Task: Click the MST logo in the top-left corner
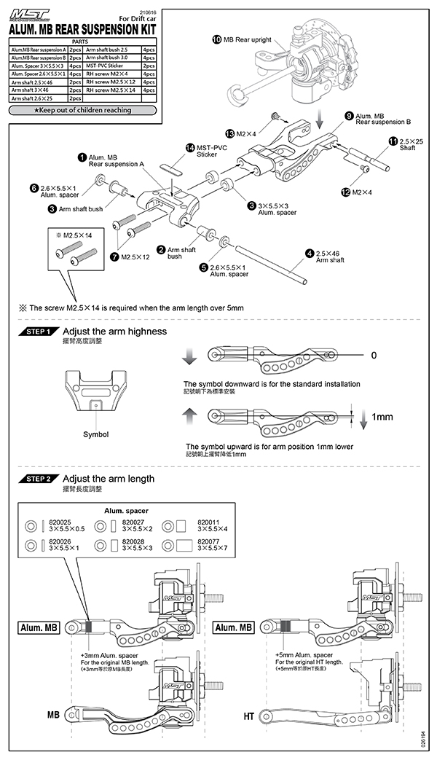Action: coord(27,13)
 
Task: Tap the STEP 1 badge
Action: coord(38,332)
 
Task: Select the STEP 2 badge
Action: coord(38,479)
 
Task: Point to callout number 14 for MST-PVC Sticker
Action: coord(191,147)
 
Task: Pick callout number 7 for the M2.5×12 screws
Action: coord(114,257)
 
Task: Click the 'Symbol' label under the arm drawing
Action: coord(95,434)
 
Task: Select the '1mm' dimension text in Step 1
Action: coord(382,418)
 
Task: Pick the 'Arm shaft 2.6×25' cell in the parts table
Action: coord(36,98)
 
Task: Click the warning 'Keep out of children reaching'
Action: coord(82,111)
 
